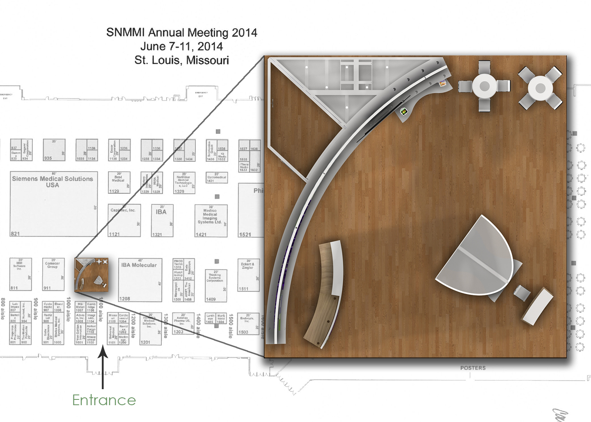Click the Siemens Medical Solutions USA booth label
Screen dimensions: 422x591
(x=53, y=182)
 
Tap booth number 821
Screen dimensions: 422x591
(x=15, y=234)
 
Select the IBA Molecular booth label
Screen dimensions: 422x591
(x=139, y=265)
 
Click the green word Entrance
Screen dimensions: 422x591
(x=104, y=400)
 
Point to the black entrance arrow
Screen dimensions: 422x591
(x=103, y=367)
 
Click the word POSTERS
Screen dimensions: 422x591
(x=473, y=368)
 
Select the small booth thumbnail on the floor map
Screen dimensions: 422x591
(x=92, y=275)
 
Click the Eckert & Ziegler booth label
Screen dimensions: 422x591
(x=247, y=266)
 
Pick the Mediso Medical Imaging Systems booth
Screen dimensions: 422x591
(x=210, y=216)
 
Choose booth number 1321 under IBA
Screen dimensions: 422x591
(x=157, y=234)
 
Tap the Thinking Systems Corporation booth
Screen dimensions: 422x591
(x=215, y=278)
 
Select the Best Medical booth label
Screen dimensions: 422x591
(x=118, y=179)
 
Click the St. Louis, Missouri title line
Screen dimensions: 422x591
(x=181, y=60)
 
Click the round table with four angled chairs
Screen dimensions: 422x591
(x=540, y=87)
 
